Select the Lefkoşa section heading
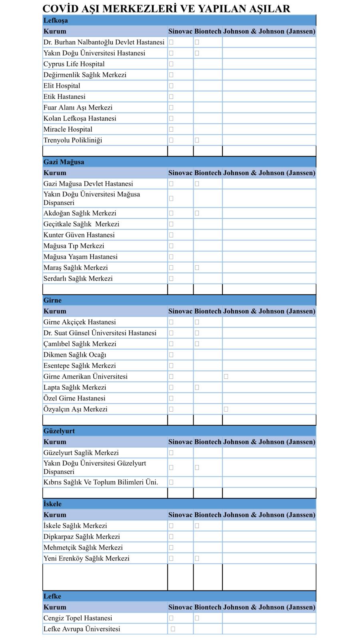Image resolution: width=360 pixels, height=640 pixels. (x=56, y=20)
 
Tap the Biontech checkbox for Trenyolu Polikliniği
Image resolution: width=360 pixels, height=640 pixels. (x=197, y=140)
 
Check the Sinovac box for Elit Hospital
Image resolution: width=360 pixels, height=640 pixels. (x=171, y=86)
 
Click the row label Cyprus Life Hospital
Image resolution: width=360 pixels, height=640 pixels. (x=74, y=64)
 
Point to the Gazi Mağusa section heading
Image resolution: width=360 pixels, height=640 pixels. (x=64, y=162)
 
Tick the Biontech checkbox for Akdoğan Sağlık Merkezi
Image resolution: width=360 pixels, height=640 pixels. (x=197, y=214)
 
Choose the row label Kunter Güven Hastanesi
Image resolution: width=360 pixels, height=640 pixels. (x=79, y=235)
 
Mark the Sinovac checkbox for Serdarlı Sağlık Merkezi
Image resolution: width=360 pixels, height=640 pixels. (x=171, y=279)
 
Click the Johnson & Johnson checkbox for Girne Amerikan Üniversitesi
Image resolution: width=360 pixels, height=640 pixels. (x=226, y=377)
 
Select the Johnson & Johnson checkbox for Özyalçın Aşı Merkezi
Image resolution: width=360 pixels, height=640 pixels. (x=226, y=410)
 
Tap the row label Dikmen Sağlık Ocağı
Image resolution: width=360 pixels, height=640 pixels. (x=75, y=355)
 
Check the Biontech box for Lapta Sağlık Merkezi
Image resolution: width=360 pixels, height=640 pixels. (x=197, y=388)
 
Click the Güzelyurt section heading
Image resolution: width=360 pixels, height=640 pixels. (x=59, y=431)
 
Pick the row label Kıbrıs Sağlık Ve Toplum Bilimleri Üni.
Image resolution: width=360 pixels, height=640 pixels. (x=101, y=482)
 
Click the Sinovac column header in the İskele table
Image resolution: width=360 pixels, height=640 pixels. (x=180, y=515)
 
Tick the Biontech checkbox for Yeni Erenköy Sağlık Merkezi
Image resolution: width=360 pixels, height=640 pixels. (x=197, y=559)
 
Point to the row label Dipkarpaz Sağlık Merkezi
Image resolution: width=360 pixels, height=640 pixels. (x=82, y=537)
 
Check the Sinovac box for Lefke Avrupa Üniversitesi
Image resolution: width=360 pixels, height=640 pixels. (x=173, y=629)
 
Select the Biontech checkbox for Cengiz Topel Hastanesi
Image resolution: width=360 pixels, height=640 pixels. (x=197, y=618)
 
